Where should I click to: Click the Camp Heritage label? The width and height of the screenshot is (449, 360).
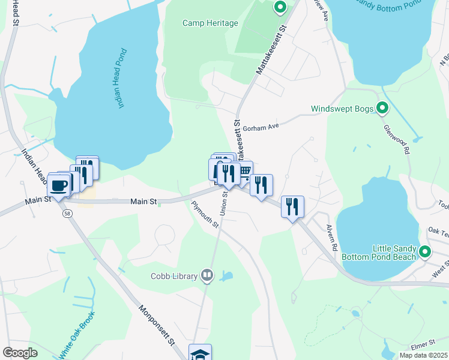tap(210, 23)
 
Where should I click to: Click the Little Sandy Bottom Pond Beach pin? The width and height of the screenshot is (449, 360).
tap(426, 252)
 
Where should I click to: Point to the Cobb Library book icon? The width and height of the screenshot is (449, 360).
tap(207, 275)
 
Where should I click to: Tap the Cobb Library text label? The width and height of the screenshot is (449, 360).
tap(174, 276)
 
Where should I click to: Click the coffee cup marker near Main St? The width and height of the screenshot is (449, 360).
tap(59, 185)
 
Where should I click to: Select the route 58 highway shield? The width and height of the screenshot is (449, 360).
tap(64, 213)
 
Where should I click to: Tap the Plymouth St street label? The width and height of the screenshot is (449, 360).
tap(205, 214)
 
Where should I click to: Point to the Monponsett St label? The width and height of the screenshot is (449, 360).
tap(156, 324)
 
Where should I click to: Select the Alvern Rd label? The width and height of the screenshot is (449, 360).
tap(333, 237)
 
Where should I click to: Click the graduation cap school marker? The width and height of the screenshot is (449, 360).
tap(200, 353)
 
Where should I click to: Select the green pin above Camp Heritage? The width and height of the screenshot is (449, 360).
tap(280, 8)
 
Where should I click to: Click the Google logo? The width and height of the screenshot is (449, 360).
tap(20, 353)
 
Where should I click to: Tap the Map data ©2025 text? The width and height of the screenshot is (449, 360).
tap(423, 355)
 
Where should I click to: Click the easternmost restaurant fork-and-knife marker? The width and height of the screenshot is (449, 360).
tap(292, 206)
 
